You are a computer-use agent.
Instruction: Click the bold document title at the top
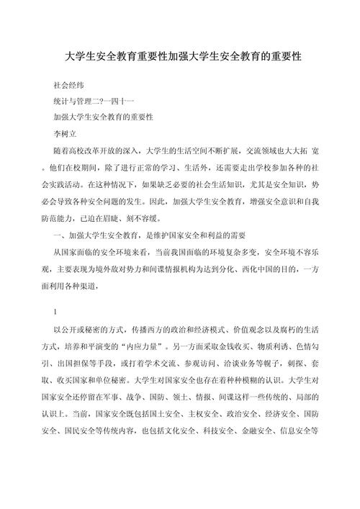[x=180, y=55]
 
